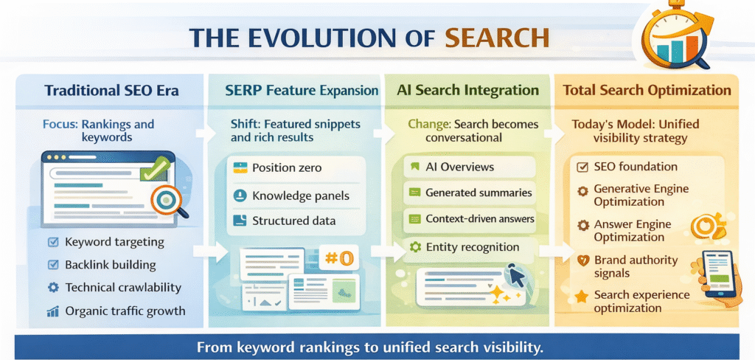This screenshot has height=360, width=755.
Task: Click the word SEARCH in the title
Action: click(496, 38)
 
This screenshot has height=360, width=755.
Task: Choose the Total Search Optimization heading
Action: click(647, 91)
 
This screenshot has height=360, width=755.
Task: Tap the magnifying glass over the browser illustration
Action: click(168, 201)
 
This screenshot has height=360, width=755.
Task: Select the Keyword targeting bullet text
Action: click(114, 242)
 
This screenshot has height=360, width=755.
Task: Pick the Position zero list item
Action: click(287, 167)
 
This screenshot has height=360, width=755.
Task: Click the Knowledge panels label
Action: click(300, 195)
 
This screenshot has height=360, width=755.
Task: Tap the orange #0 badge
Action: click(339, 258)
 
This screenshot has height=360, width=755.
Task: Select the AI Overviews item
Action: click(459, 167)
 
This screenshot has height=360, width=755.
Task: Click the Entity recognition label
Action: click(473, 247)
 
